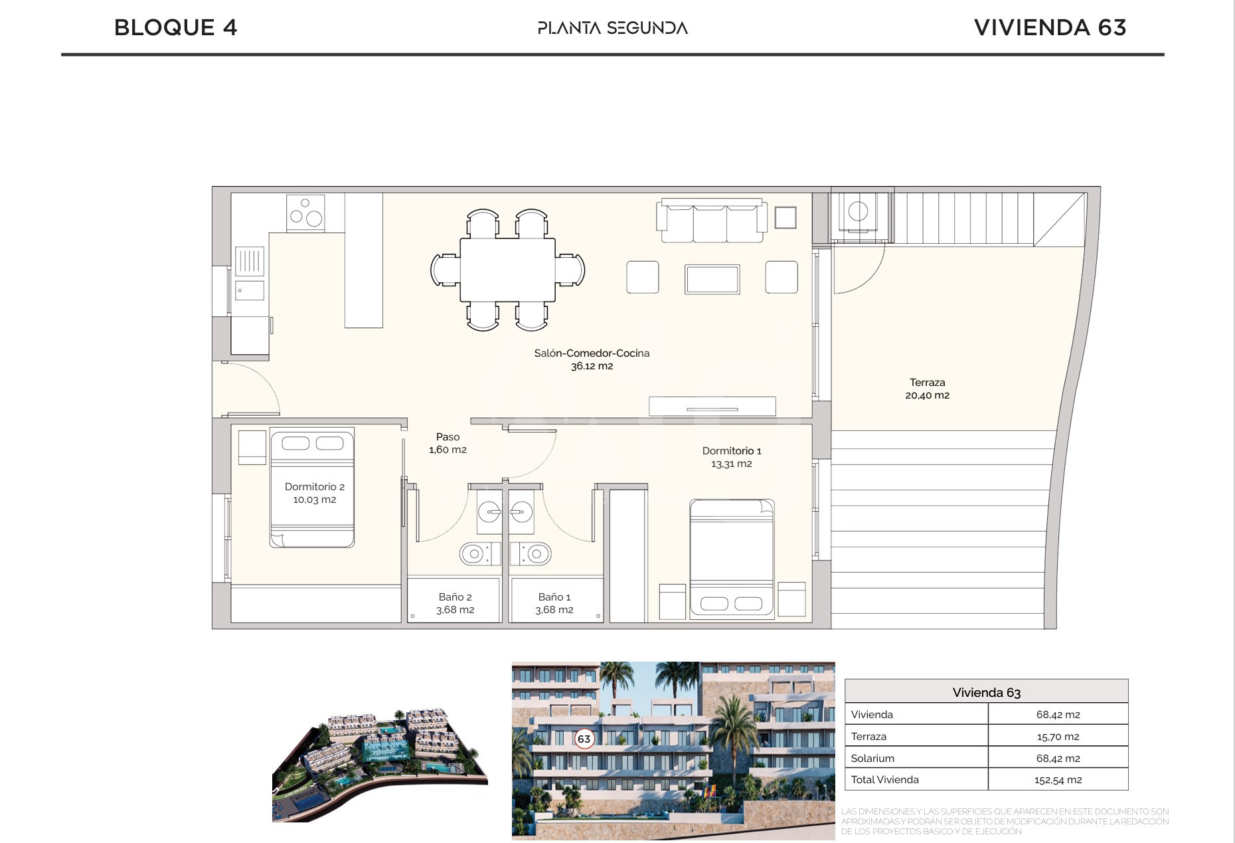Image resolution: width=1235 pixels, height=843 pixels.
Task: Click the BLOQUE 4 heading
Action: pyautogui.click(x=175, y=28)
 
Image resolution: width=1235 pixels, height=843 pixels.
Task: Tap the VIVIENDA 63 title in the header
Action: pyautogui.click(x=1050, y=28)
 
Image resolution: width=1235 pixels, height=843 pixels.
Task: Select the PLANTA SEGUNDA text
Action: pyautogui.click(x=612, y=28)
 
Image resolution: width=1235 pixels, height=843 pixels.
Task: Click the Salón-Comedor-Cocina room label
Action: pyautogui.click(x=592, y=353)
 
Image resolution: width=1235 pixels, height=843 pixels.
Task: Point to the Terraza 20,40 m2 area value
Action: pyautogui.click(x=927, y=395)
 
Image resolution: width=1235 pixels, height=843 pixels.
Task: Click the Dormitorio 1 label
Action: pyautogui.click(x=732, y=451)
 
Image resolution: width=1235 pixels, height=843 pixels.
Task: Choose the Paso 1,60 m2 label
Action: pyautogui.click(x=448, y=443)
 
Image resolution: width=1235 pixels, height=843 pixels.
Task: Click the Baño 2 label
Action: pyautogui.click(x=455, y=597)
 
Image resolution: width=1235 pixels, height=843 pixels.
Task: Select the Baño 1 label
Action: pyautogui.click(x=554, y=597)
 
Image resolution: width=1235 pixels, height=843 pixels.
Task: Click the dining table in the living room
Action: pyautogui.click(x=507, y=270)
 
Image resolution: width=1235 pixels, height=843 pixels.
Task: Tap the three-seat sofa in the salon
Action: pyautogui.click(x=711, y=221)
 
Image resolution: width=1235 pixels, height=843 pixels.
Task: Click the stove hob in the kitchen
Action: pyautogui.click(x=305, y=213)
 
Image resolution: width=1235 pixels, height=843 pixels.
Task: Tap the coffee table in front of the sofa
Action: pyautogui.click(x=712, y=279)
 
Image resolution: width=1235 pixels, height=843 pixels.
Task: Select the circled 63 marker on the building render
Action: pyautogui.click(x=584, y=739)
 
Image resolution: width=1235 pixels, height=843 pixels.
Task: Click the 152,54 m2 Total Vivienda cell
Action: pyautogui.click(x=1058, y=780)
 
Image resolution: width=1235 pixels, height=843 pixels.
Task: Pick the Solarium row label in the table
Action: pyautogui.click(x=872, y=758)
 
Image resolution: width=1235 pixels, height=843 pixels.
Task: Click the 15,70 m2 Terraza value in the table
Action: pyautogui.click(x=1058, y=737)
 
